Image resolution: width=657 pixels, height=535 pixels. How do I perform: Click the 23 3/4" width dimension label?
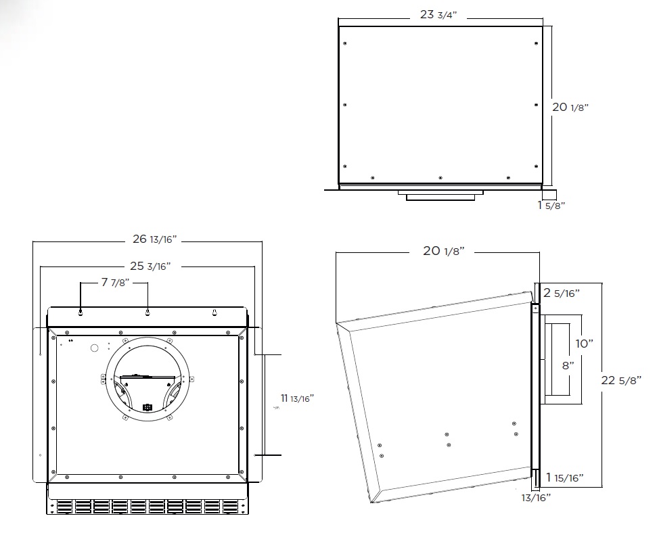pos(438,15)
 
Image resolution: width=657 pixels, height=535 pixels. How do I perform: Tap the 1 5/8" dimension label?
pos(551,206)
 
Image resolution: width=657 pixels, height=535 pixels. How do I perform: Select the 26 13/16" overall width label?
pos(155,239)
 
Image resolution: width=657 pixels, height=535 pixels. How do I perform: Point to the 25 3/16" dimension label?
pos(150,266)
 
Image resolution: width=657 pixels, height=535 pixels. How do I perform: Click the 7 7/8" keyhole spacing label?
pos(115,282)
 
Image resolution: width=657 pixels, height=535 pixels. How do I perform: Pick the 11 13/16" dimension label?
pos(297,398)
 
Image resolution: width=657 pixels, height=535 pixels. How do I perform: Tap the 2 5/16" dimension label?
pos(562,292)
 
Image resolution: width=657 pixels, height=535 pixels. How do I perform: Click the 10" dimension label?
pos(584,344)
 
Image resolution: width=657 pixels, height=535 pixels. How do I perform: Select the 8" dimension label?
pos(568,365)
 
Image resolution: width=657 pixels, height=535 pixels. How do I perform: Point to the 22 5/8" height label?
pos(621,380)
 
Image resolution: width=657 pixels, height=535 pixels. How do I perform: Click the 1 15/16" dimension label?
pos(565,478)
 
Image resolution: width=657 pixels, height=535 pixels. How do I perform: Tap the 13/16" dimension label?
pos(536,498)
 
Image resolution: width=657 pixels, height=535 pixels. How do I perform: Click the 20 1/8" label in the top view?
pos(570,107)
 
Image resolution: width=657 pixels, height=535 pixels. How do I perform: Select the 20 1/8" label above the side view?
pos(443,250)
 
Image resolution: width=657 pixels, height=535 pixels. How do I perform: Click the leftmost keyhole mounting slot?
pos(81,312)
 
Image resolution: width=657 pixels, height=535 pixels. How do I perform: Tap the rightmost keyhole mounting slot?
pos(214,312)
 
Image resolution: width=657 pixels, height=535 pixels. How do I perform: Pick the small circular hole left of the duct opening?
pos(94,348)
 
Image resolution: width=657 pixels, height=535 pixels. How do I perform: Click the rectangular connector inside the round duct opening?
pos(147,406)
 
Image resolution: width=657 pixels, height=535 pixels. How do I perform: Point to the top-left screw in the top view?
pos(345,43)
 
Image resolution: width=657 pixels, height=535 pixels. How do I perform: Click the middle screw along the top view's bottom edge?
pos(440,178)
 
